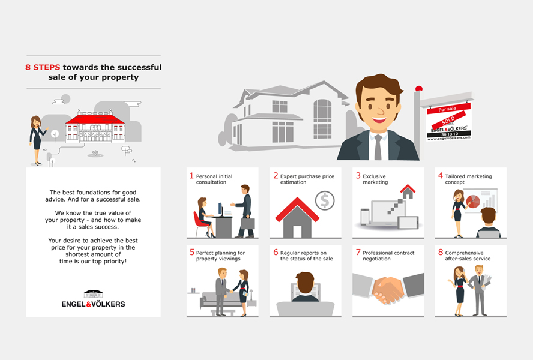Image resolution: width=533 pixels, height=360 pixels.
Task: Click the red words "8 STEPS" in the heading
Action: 43,67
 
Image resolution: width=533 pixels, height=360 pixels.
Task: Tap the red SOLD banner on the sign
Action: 448,119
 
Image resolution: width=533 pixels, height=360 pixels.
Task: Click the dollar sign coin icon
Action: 325,200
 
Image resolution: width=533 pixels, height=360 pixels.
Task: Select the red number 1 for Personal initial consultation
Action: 191,176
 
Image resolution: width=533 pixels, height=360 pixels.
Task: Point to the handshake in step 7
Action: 388,290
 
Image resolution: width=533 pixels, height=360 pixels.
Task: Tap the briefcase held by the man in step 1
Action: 248,223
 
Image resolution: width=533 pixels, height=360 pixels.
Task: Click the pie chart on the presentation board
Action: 473,201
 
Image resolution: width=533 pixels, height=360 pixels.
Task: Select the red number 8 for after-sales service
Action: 441,252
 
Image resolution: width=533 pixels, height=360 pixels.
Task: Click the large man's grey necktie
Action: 378,147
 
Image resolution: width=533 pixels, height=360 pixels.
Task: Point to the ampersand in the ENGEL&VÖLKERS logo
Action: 89,304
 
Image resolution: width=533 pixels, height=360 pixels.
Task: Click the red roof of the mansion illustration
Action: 95,119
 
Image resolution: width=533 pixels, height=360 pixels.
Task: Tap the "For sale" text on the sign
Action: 447,109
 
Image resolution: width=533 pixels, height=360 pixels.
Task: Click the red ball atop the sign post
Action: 419,88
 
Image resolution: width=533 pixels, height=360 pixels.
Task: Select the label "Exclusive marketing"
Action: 375,179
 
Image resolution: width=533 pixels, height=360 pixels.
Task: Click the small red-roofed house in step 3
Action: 408,191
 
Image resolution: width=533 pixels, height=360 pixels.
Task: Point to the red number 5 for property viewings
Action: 192,252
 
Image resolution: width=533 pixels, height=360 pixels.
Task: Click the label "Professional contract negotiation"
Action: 388,256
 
